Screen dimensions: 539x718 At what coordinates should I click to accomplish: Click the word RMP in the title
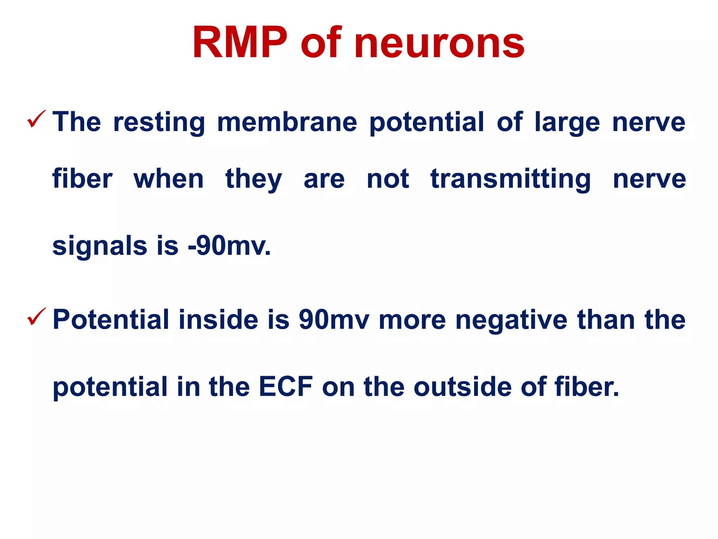[240, 43]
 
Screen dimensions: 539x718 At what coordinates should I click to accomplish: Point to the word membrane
[287, 122]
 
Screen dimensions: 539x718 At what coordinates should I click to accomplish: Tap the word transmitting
[510, 180]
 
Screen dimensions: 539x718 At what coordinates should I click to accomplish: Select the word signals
[100, 246]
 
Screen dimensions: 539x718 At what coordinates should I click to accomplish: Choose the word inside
[218, 320]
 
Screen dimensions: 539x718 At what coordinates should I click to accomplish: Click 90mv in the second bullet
[334, 320]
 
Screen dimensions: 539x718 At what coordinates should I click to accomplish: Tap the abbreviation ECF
[286, 387]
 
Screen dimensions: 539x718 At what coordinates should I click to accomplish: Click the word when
[168, 179]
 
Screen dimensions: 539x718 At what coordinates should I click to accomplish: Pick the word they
[253, 180]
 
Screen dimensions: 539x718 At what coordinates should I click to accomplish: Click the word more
[412, 320]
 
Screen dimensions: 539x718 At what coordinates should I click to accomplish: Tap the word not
[388, 179]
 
